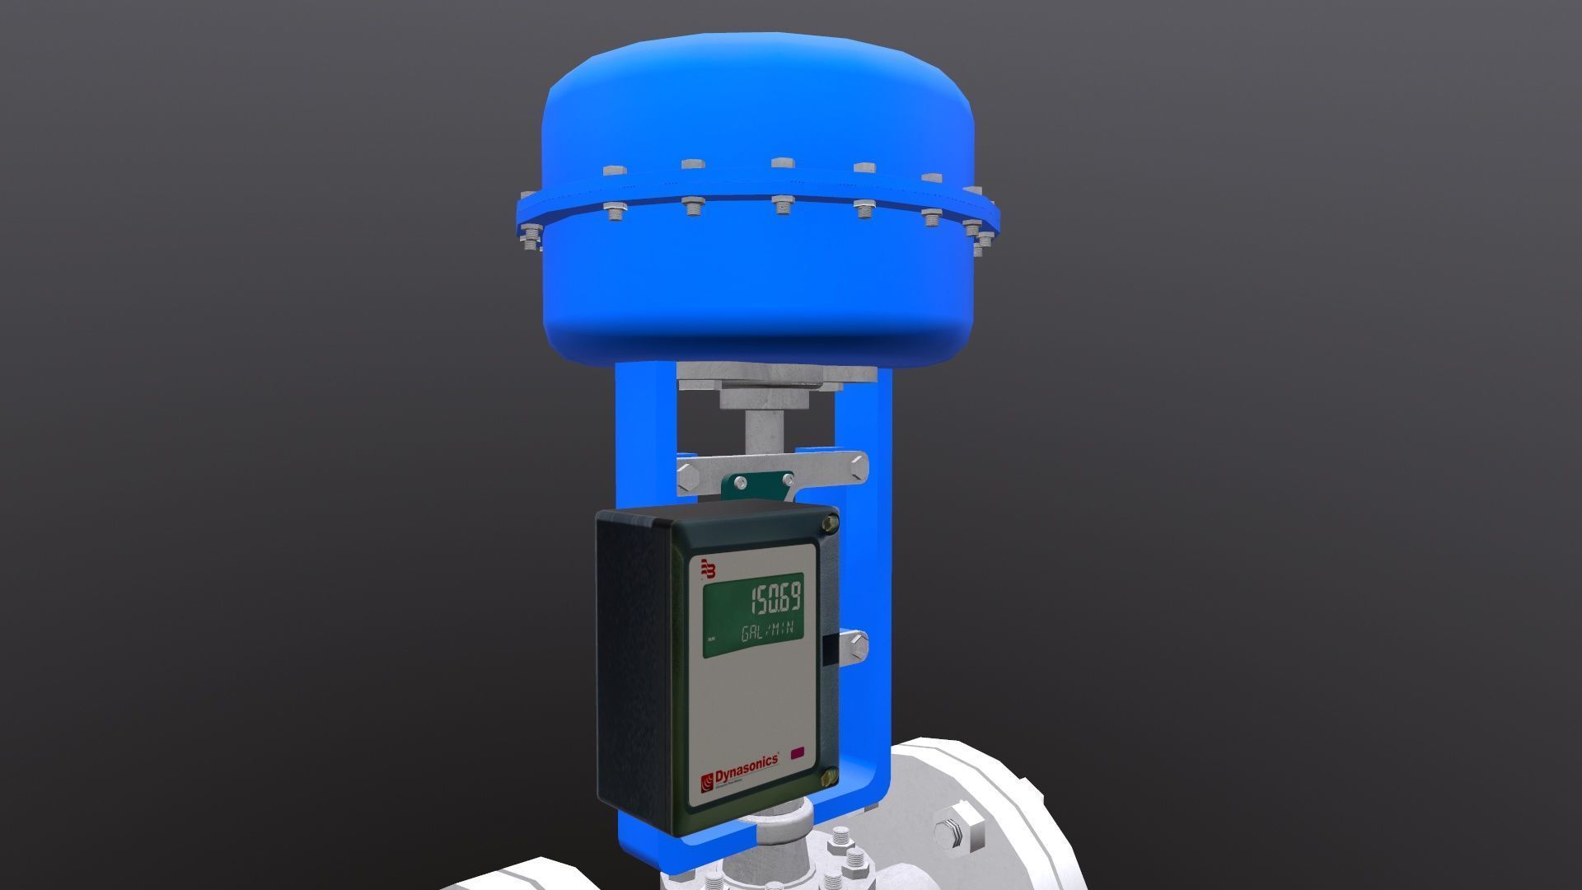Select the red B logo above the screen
click(x=709, y=569)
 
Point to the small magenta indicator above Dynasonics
click(x=798, y=752)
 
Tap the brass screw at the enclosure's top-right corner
click(x=830, y=522)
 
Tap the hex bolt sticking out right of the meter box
click(x=854, y=645)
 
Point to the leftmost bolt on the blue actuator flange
click(x=527, y=241)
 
